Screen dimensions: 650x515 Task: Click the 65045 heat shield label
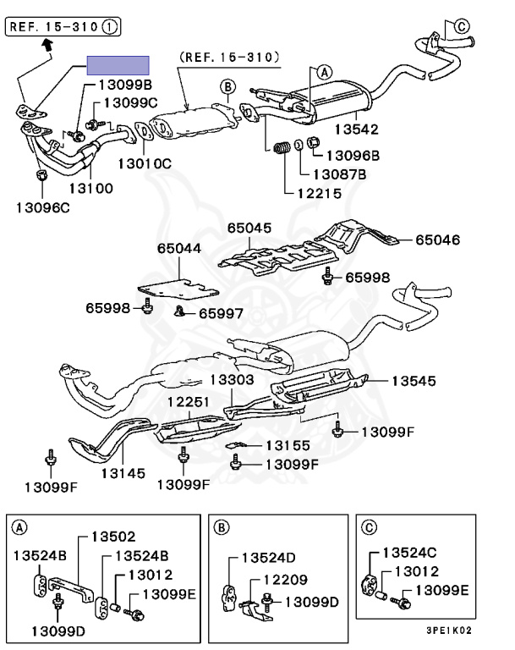coord(249,228)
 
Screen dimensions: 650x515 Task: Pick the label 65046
coord(437,240)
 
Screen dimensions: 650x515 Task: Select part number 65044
coord(178,249)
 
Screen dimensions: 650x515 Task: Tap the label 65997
coord(221,313)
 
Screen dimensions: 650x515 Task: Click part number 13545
coord(414,381)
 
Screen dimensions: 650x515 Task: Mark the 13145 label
coord(125,474)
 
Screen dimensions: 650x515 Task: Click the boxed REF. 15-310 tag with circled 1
coord(63,27)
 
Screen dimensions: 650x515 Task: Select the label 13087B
coord(339,174)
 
